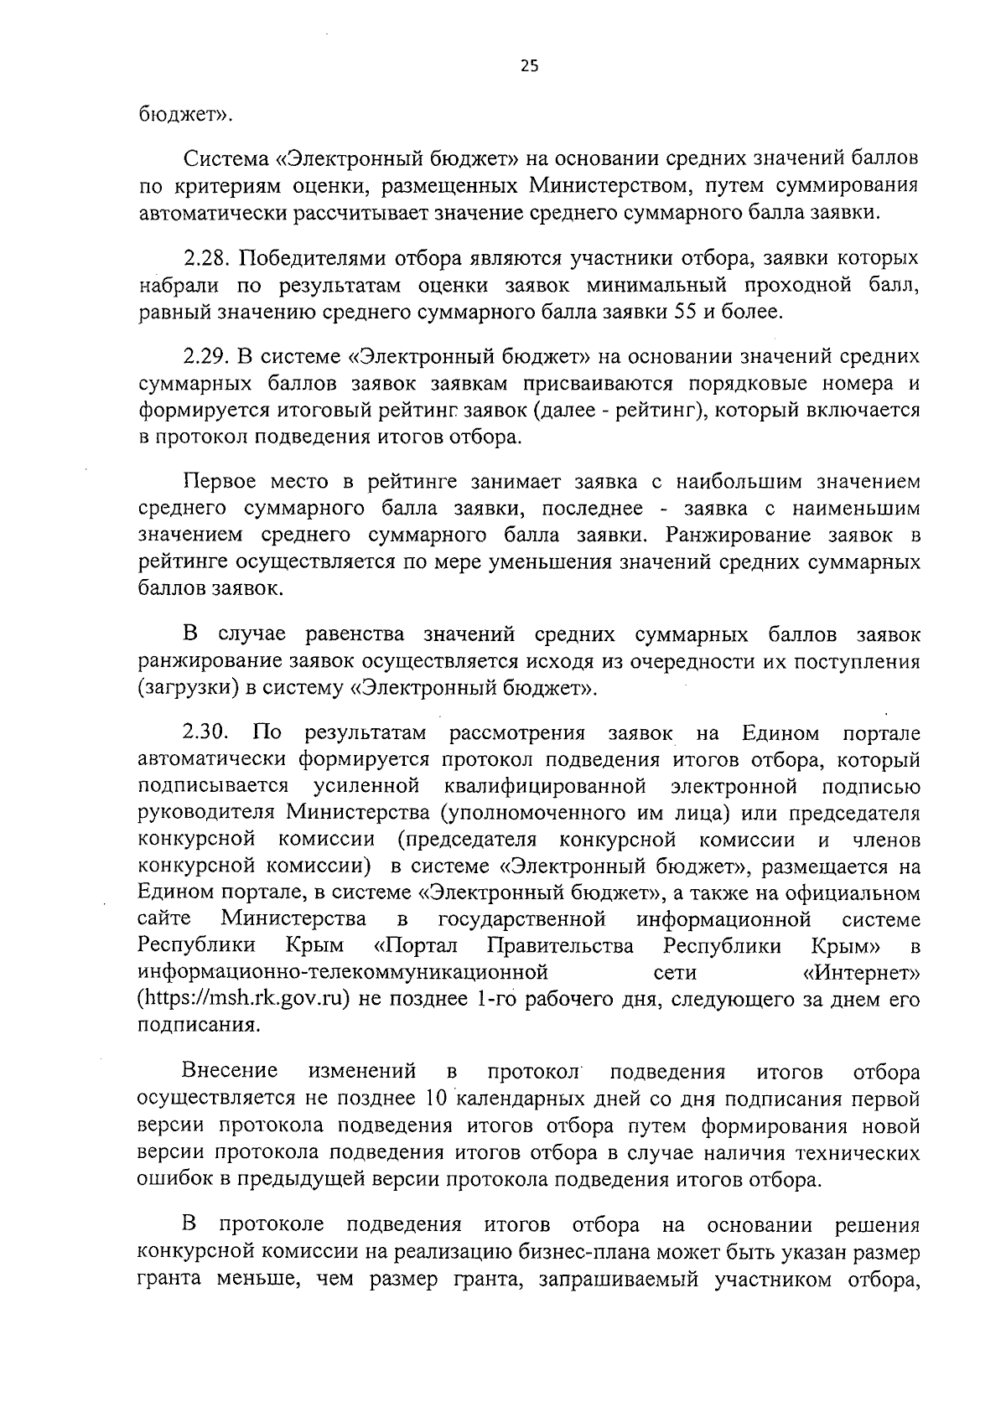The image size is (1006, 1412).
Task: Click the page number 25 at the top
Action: click(x=529, y=68)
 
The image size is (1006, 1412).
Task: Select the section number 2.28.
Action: click(x=206, y=258)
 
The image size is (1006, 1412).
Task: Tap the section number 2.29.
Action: click(x=206, y=356)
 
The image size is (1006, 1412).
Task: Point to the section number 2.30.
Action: click(x=206, y=733)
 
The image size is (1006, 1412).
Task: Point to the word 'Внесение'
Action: click(x=230, y=1072)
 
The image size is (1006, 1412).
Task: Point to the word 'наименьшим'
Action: click(x=852, y=509)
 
